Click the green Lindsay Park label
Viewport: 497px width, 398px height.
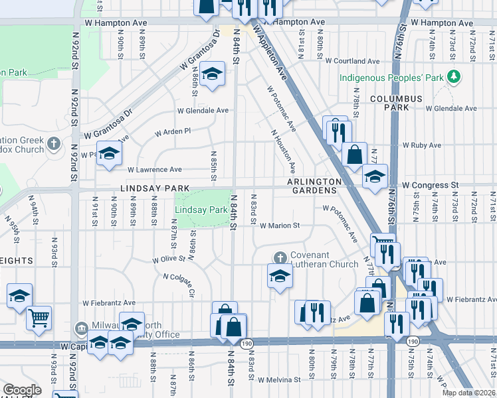(201, 210)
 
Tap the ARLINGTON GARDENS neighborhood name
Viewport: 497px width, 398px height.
(314, 186)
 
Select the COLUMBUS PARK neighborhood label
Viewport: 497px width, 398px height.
(397, 103)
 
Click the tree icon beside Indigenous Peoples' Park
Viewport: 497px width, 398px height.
(454, 77)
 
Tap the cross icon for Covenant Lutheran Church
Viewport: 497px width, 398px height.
(280, 257)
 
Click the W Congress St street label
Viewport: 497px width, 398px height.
(431, 185)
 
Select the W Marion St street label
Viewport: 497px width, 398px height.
(280, 226)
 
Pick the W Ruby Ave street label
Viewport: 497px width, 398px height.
(422, 145)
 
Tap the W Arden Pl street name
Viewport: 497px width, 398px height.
(173, 132)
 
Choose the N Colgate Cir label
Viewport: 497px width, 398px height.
(179, 285)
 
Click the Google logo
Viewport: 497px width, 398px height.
(22, 390)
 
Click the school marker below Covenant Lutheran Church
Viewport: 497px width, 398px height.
(280, 276)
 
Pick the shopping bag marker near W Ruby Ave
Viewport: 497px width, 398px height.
(355, 155)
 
